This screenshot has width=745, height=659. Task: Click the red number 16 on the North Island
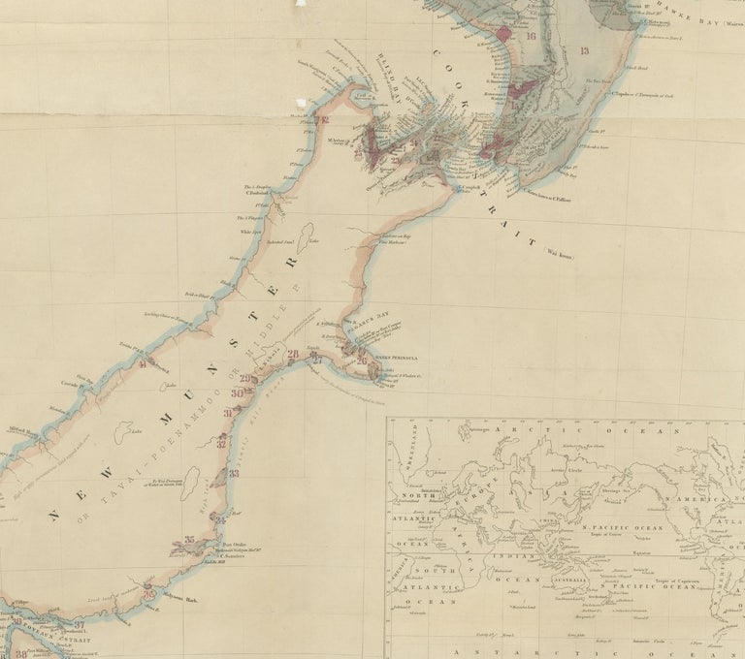point(530,37)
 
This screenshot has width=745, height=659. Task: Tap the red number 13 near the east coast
point(584,51)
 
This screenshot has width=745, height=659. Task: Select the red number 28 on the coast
point(294,356)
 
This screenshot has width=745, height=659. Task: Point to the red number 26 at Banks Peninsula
point(362,361)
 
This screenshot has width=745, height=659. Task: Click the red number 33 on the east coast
point(234,474)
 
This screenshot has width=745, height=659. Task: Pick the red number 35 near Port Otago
point(189,540)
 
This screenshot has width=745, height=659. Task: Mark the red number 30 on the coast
point(238,393)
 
